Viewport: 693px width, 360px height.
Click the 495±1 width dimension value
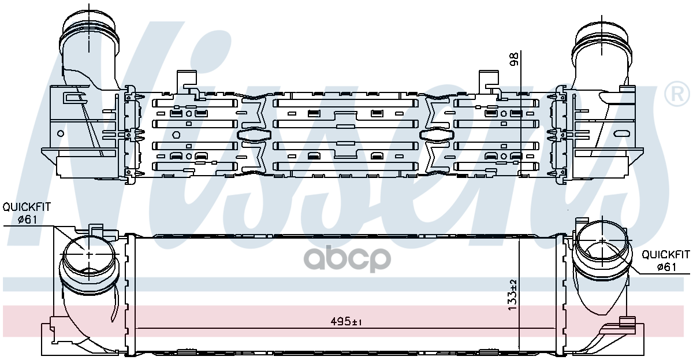349,322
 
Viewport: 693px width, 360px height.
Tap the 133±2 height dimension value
512,296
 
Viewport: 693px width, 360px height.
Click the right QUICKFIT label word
666,254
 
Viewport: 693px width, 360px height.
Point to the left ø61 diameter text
28,219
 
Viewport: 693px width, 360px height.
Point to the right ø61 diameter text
666,266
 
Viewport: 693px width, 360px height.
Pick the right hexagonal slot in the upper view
437,135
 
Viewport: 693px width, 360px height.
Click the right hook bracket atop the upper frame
490,81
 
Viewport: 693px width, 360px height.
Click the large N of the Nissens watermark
98,116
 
